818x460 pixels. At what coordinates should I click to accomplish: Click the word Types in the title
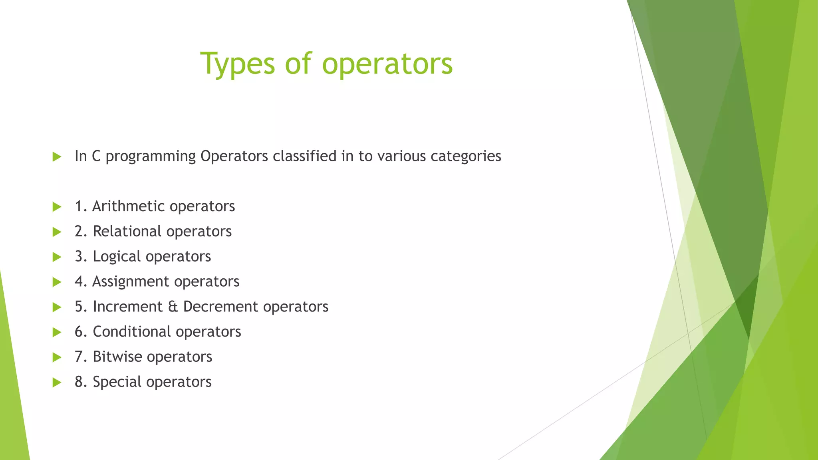click(x=237, y=64)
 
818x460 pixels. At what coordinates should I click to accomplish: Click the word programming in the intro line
click(x=151, y=157)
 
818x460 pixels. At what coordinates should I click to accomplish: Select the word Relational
click(x=127, y=232)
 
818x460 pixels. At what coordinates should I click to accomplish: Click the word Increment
click(x=127, y=307)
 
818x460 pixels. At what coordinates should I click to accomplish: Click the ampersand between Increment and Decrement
click(x=173, y=307)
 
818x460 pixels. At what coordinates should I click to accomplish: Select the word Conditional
click(x=132, y=332)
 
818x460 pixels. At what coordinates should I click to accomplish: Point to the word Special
click(x=117, y=382)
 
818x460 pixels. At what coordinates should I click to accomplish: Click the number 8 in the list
click(x=79, y=382)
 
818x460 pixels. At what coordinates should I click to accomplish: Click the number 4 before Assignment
click(x=79, y=282)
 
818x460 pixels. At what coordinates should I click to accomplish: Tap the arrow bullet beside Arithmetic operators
click(x=57, y=207)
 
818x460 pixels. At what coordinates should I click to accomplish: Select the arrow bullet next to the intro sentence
click(x=57, y=157)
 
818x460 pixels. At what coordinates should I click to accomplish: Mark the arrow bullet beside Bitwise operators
click(x=57, y=357)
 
